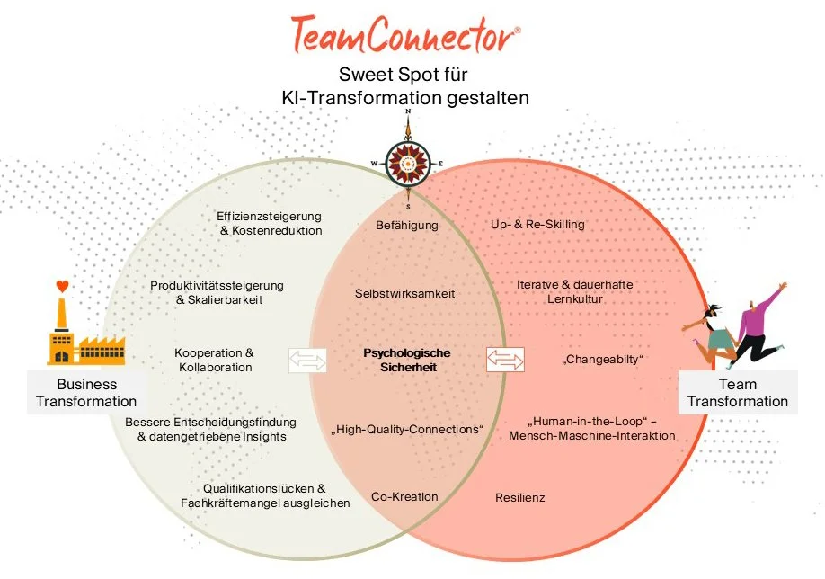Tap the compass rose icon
pyautogui.click(x=408, y=159)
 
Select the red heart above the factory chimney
pyautogui.click(x=61, y=287)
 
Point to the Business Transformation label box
pyautogui.click(x=86, y=393)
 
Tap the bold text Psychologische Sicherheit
pyautogui.click(x=406, y=360)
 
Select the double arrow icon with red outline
pyautogui.click(x=504, y=360)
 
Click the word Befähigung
pyautogui.click(x=406, y=225)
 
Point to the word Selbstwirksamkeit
pyautogui.click(x=406, y=293)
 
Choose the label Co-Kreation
pyautogui.click(x=404, y=496)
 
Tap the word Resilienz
pyautogui.click(x=519, y=497)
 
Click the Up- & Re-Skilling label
pyautogui.click(x=537, y=224)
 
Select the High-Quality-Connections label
pyautogui.click(x=406, y=430)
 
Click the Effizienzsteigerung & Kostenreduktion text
pyautogui.click(x=270, y=223)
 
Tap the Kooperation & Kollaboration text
pyautogui.click(x=213, y=360)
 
